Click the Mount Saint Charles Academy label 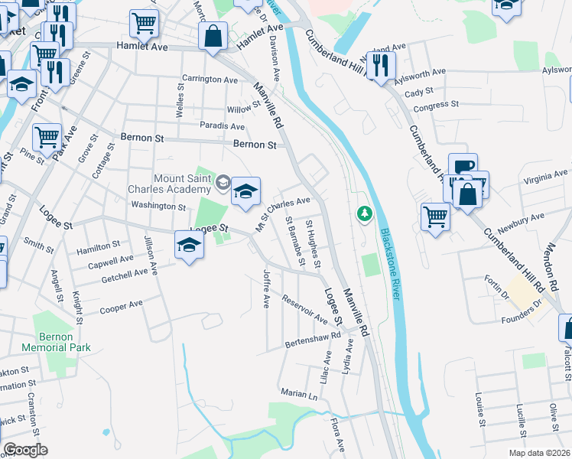[x=182, y=184]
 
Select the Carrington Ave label [x=210, y=80]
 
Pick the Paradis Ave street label [x=223, y=126]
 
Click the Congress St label [x=435, y=104]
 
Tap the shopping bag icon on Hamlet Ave [x=213, y=36]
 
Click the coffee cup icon [x=463, y=167]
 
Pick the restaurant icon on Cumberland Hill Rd [x=380, y=64]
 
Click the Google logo [x=25, y=451]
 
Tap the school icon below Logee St [x=189, y=245]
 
